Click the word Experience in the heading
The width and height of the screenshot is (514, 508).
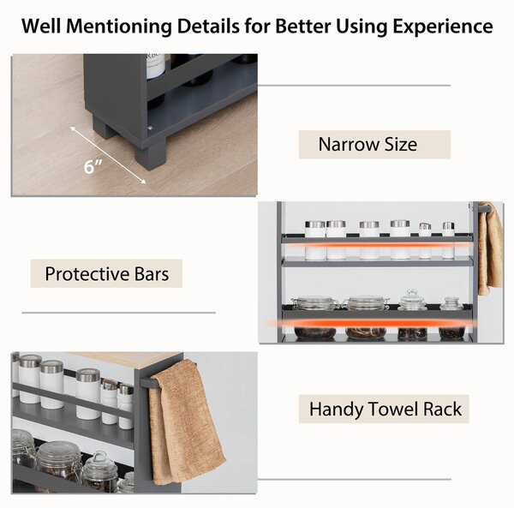tap(443, 27)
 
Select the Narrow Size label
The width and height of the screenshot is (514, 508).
tap(374, 145)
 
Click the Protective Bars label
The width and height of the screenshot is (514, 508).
tap(106, 273)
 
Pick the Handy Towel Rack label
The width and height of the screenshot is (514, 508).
tap(384, 409)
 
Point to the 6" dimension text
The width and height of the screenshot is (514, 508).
tap(93, 166)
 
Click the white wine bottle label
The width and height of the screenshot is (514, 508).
tap(155, 66)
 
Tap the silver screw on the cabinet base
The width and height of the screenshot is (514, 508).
tap(150, 128)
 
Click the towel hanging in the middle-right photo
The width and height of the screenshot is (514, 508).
tap(490, 248)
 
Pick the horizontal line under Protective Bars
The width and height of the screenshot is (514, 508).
tap(119, 313)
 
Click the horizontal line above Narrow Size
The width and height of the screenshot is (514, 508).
tap(354, 86)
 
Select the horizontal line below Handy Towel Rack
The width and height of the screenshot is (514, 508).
tap(355, 479)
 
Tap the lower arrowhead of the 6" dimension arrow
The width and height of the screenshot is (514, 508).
tap(144, 182)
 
